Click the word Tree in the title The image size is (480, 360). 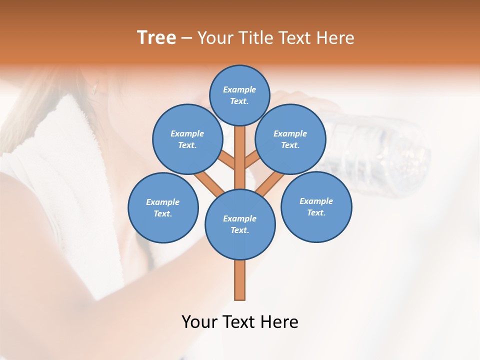tap(156, 37)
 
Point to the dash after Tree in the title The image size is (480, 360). tap(186, 38)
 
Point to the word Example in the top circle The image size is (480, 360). tap(239, 89)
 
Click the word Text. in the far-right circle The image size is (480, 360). tap(316, 212)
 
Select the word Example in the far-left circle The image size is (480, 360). tap(162, 202)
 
